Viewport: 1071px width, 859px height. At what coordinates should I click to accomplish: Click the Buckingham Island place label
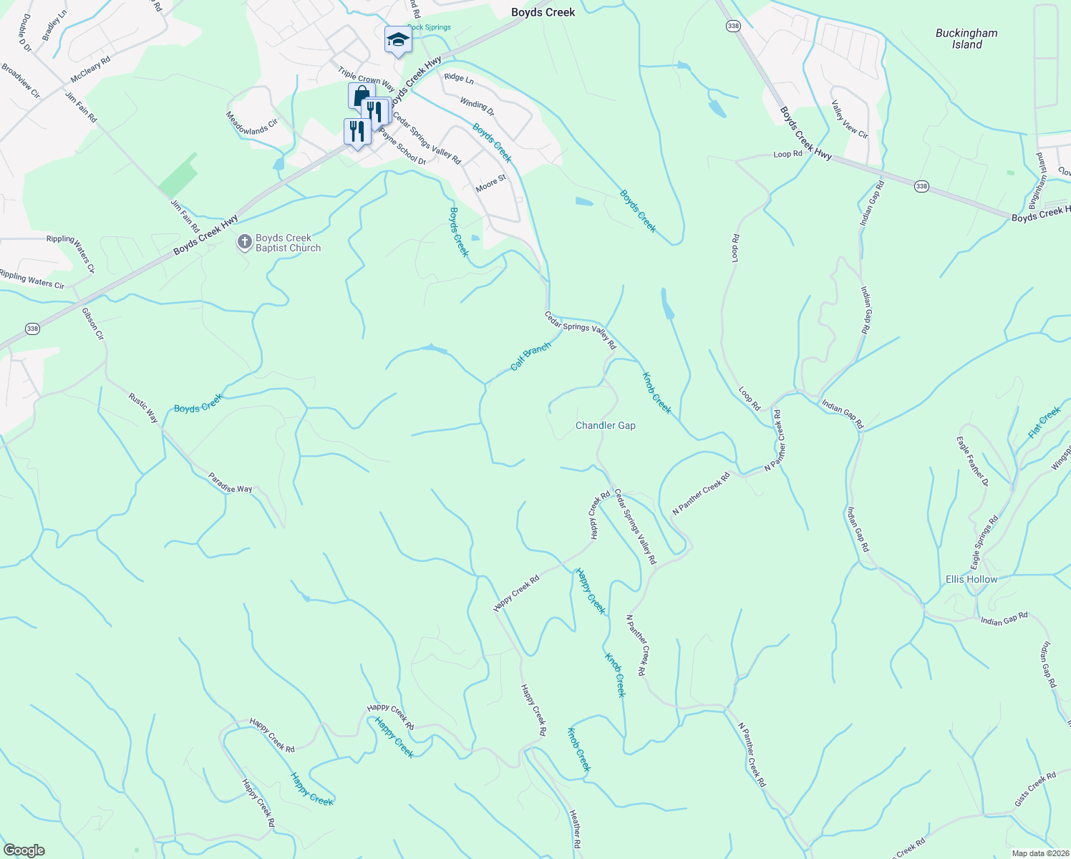tap(966, 39)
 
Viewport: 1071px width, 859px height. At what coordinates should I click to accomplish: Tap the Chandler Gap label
tap(606, 425)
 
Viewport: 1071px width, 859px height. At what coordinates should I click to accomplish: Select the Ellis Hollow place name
tap(971, 579)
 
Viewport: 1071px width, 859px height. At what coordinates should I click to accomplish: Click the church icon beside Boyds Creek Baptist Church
tap(244, 242)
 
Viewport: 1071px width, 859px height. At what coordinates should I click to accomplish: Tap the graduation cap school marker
tap(397, 40)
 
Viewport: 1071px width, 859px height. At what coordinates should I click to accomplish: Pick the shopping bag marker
tap(362, 96)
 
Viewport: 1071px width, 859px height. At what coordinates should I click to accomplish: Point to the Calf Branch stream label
tap(530, 356)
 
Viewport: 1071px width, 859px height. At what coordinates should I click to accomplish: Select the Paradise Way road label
tap(231, 483)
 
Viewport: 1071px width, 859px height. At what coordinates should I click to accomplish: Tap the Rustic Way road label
tap(143, 407)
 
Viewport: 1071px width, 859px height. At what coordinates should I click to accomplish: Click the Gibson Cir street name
tap(93, 324)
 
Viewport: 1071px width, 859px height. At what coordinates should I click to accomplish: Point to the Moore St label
tap(490, 183)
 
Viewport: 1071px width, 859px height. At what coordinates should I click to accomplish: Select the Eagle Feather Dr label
tap(972, 461)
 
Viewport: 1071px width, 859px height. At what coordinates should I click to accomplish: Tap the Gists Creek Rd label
tap(1035, 789)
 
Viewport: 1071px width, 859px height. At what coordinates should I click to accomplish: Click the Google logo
tap(24, 850)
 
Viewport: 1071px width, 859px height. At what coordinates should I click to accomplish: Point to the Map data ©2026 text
tap(1039, 853)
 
